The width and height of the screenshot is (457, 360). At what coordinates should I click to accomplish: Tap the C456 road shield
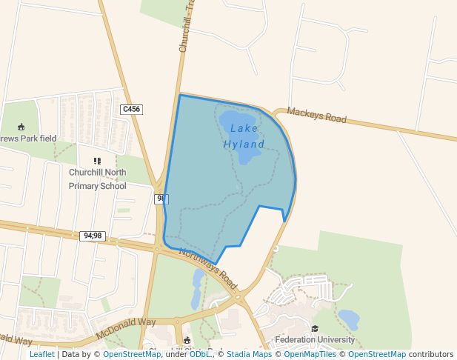(131, 109)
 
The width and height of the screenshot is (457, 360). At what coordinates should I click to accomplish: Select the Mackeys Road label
(316, 116)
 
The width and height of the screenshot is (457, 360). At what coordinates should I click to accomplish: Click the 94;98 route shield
(93, 236)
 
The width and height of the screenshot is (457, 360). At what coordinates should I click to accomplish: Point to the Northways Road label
(208, 268)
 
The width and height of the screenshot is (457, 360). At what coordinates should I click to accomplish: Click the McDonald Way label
(126, 327)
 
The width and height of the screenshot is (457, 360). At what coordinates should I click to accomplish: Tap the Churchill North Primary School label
(97, 179)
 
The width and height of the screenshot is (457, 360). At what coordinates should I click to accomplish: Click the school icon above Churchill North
(97, 161)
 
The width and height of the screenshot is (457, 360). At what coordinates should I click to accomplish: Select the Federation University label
(316, 341)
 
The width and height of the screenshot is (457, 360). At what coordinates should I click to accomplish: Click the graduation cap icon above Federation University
(315, 328)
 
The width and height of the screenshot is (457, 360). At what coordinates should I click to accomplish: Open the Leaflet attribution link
(41, 355)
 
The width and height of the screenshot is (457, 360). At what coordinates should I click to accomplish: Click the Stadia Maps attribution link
(249, 355)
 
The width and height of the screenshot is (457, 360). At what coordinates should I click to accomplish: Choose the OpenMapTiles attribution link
(310, 355)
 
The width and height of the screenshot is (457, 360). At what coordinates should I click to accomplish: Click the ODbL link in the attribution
(200, 355)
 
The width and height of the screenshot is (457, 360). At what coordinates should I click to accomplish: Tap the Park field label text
(28, 139)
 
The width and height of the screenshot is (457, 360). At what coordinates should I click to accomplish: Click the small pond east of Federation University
(348, 319)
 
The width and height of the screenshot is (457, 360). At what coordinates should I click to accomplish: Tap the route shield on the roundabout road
(161, 199)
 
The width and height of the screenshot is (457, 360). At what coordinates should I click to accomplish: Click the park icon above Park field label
(21, 127)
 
